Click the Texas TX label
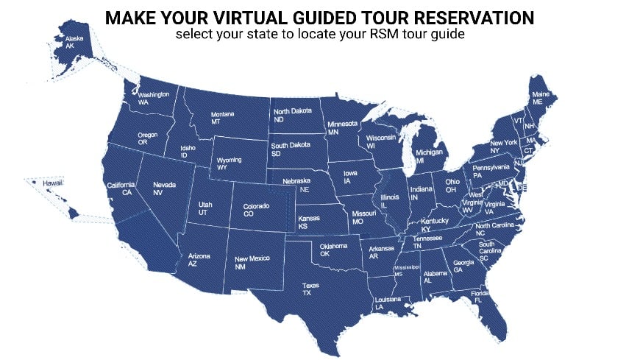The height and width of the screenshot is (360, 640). (312, 289)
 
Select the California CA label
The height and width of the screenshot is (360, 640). (121, 188)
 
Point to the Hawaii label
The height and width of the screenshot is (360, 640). (52, 183)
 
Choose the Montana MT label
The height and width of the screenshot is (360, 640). (222, 119)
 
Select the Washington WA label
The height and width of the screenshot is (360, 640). (154, 99)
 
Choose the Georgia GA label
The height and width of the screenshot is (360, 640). (463, 267)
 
